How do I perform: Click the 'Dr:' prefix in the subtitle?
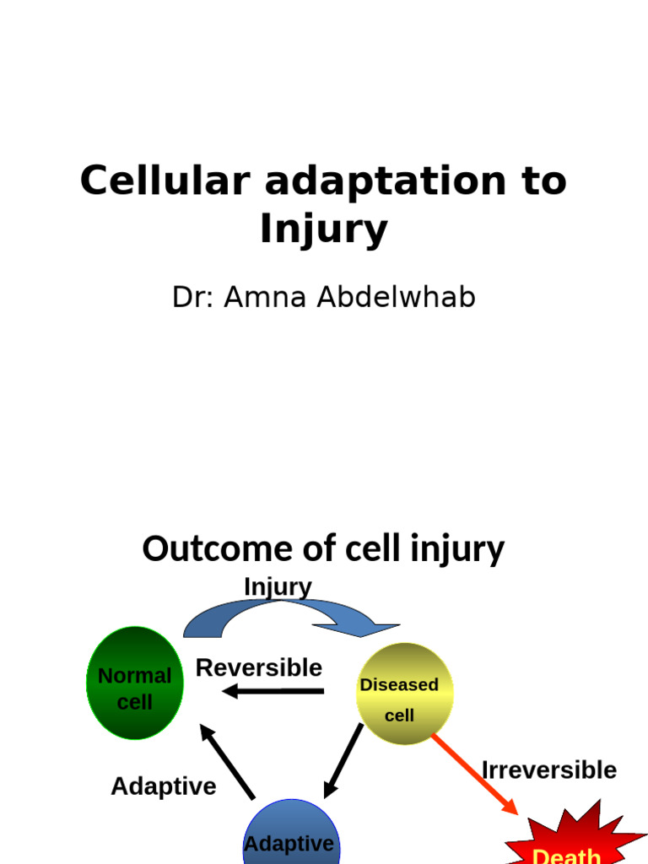(193, 297)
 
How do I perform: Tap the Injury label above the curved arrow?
(278, 586)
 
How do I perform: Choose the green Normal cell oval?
(135, 683)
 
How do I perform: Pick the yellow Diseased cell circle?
(403, 694)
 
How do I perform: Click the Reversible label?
(259, 668)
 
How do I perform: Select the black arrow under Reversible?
(273, 692)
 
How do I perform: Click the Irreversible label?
(548, 770)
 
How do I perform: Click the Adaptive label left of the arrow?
(164, 786)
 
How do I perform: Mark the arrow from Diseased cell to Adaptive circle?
(344, 760)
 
